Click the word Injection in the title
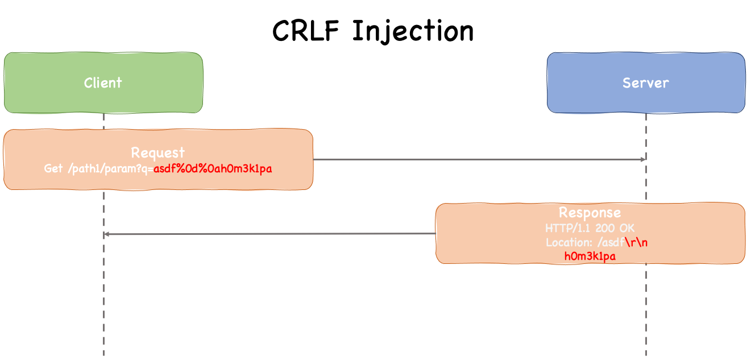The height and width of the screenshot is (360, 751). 412,32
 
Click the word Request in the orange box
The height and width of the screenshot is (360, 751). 158,152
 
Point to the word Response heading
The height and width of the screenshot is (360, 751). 590,213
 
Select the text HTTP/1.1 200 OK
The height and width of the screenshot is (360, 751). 590,228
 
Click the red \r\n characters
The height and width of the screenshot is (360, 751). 641,242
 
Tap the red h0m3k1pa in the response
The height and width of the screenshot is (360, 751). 590,256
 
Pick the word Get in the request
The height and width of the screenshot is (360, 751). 53,169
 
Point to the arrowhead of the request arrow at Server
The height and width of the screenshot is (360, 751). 643,159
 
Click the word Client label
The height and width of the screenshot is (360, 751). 103,83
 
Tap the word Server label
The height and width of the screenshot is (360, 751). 646,83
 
